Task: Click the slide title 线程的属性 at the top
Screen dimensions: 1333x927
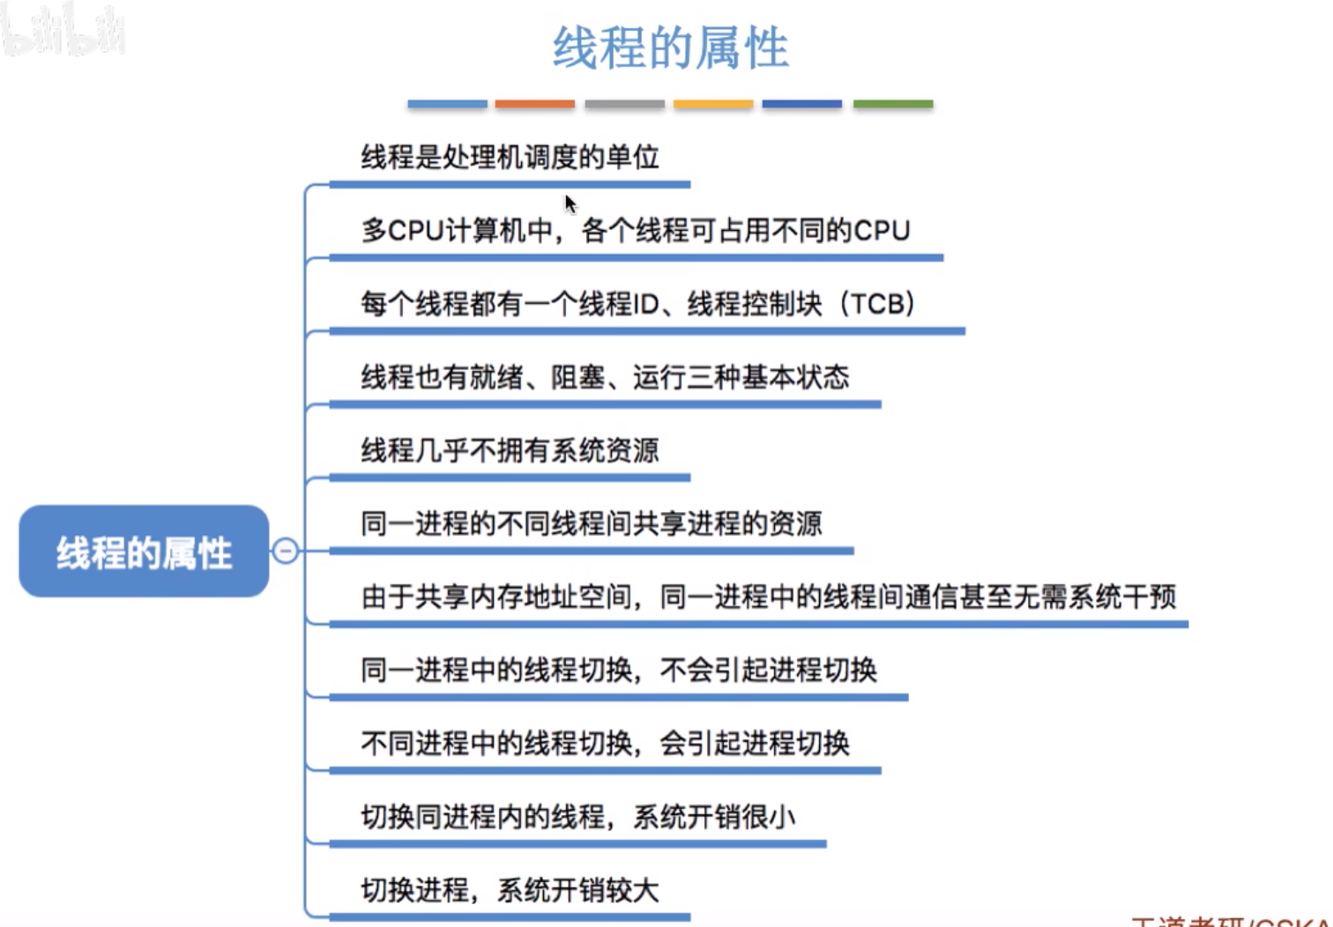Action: (670, 48)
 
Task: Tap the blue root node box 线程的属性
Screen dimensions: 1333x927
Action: (144, 552)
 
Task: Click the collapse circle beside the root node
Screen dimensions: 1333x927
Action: (285, 552)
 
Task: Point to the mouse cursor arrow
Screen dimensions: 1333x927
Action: (570, 204)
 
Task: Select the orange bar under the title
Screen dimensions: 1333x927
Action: (534, 104)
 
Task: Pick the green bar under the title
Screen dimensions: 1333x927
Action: (892, 104)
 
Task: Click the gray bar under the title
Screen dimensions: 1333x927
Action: (624, 104)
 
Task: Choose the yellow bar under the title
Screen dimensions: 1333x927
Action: (713, 104)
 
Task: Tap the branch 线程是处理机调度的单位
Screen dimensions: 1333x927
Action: (510, 158)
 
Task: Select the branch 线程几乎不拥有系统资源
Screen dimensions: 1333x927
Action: (510, 450)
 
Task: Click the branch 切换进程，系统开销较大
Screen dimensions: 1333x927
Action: (510, 890)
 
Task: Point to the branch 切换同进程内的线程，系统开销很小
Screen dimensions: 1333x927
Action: (577, 817)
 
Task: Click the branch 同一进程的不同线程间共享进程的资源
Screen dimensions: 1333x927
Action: (591, 523)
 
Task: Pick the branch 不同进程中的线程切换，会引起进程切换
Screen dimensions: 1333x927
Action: (605, 744)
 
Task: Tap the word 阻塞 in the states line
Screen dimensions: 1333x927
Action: (577, 377)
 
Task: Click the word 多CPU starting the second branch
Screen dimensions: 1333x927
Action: (402, 231)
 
